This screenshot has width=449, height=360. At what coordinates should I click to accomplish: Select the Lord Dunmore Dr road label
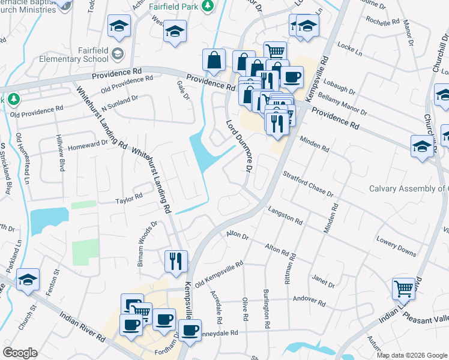click(238, 145)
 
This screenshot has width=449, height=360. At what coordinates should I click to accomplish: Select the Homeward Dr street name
click(88, 143)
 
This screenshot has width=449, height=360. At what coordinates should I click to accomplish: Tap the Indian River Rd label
click(83, 325)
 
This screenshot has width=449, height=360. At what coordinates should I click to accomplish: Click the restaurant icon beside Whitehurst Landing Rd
click(176, 261)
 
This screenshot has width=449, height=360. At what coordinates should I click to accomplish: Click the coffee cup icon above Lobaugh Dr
click(292, 76)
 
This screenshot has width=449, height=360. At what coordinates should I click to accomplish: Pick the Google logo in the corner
click(20, 353)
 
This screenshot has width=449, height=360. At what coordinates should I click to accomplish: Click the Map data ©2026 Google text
click(412, 355)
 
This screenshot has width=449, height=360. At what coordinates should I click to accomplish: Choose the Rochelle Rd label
click(383, 22)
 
